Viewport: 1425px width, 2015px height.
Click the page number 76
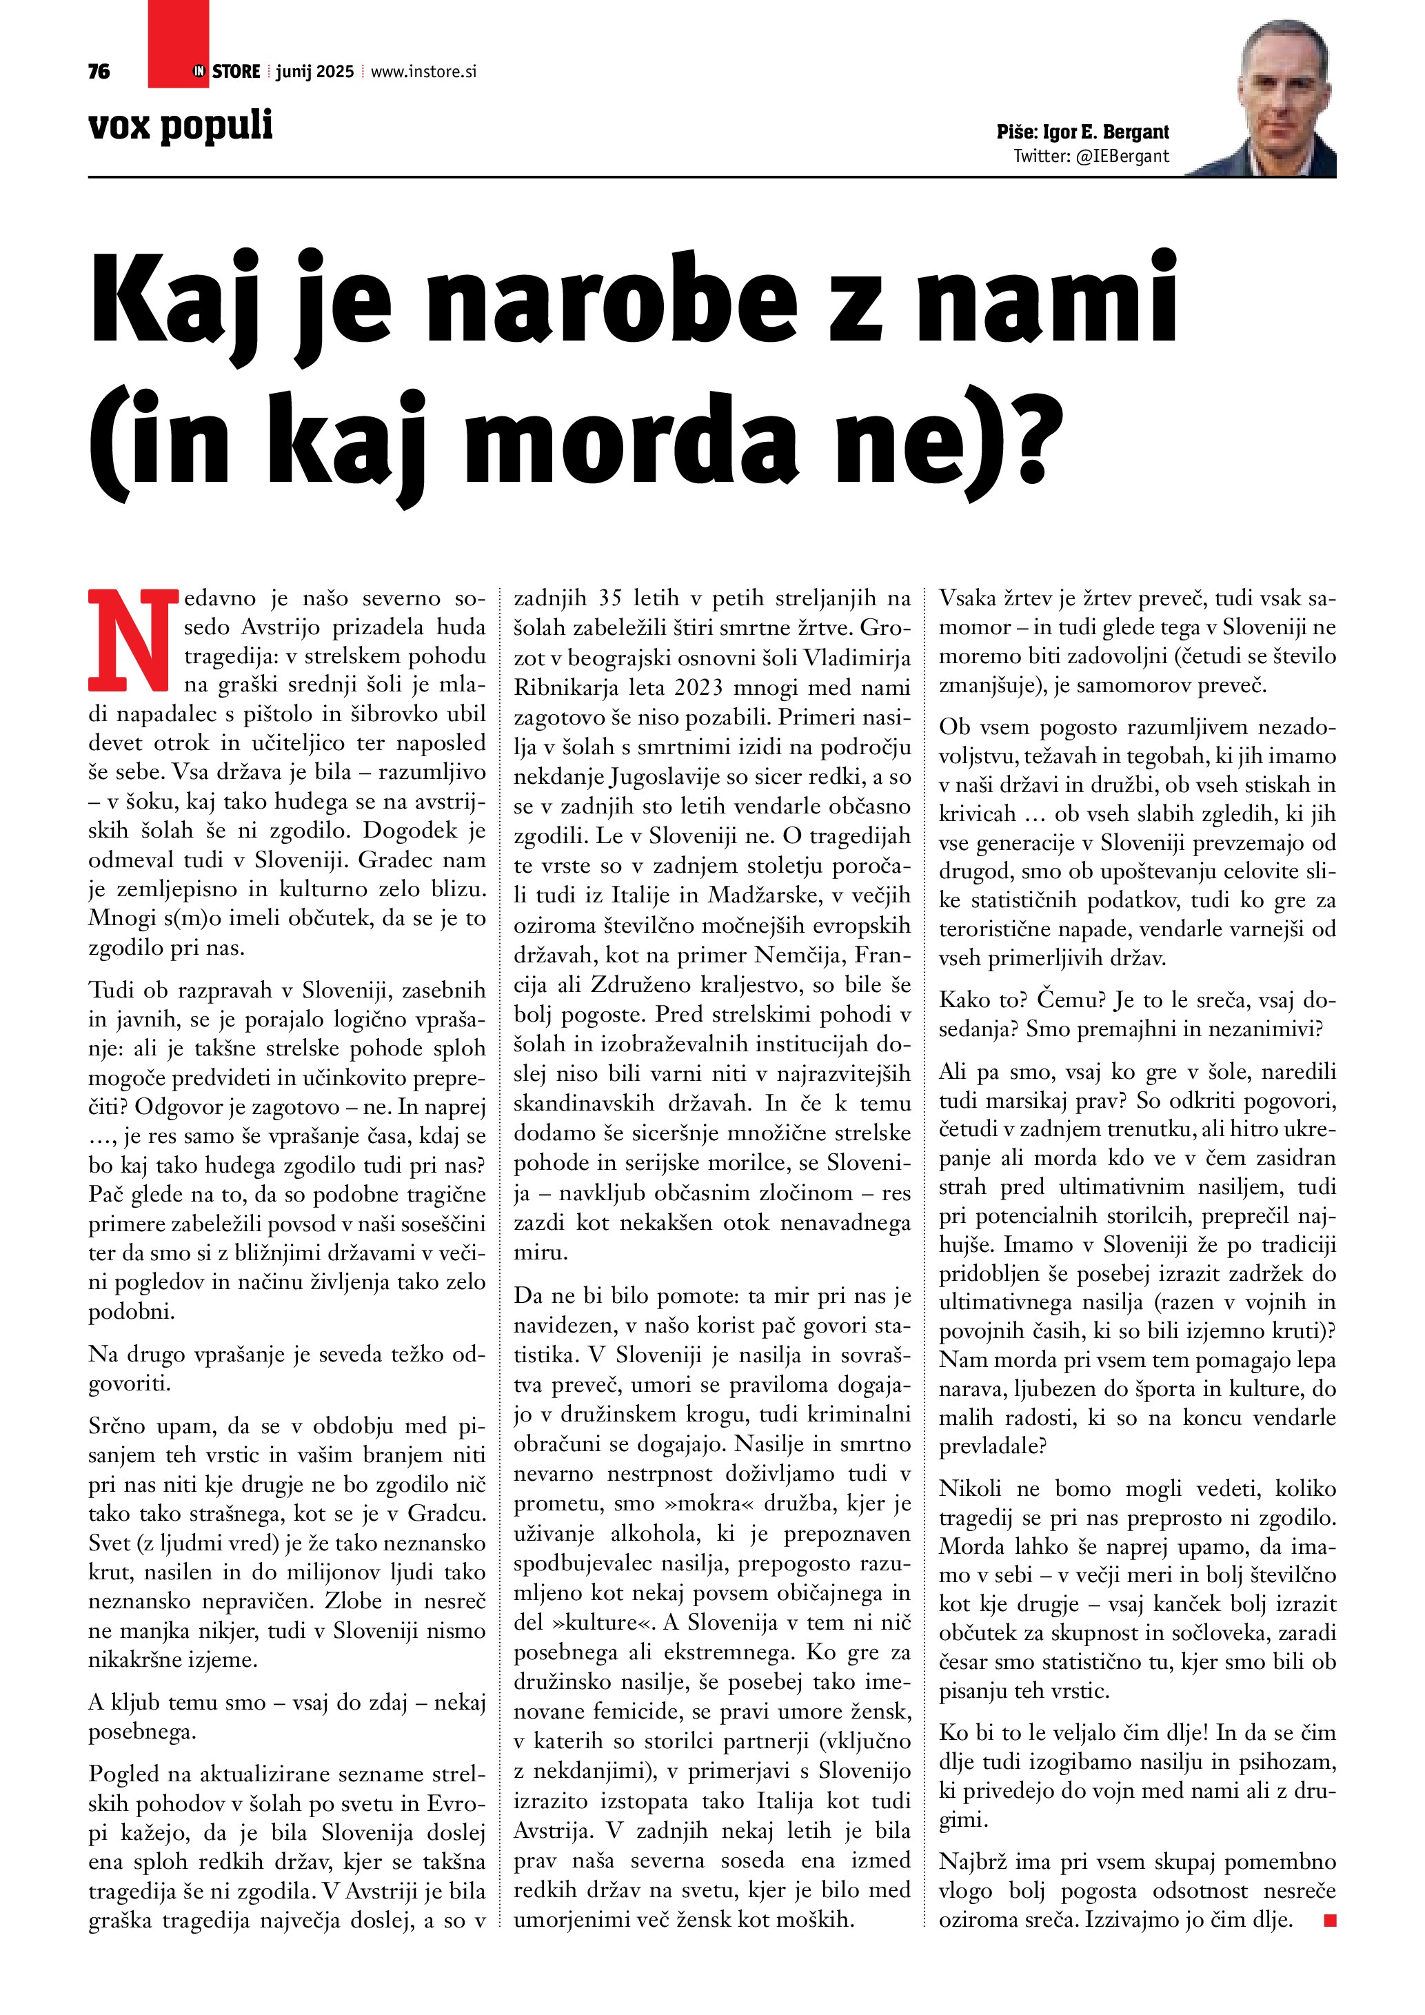point(99,72)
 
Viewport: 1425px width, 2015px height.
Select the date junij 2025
point(314,72)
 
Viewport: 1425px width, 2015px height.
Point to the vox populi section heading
point(181,125)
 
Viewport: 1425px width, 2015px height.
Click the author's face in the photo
point(1282,88)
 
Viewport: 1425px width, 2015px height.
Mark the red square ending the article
point(1329,1921)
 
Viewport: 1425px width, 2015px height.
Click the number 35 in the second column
point(610,598)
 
